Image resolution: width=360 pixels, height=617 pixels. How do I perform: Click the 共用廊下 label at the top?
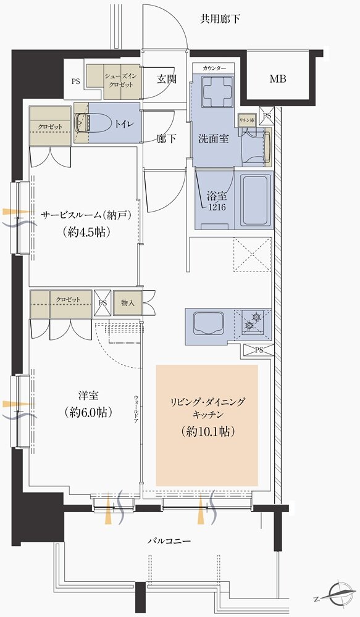click(x=220, y=19)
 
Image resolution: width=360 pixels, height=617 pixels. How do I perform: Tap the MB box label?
click(x=277, y=79)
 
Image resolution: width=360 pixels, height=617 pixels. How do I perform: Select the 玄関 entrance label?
click(x=166, y=79)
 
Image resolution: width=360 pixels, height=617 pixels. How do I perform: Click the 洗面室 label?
click(x=214, y=138)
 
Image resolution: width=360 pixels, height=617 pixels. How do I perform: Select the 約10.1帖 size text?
click(x=207, y=431)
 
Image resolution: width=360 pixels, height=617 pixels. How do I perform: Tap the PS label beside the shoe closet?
click(x=76, y=80)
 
